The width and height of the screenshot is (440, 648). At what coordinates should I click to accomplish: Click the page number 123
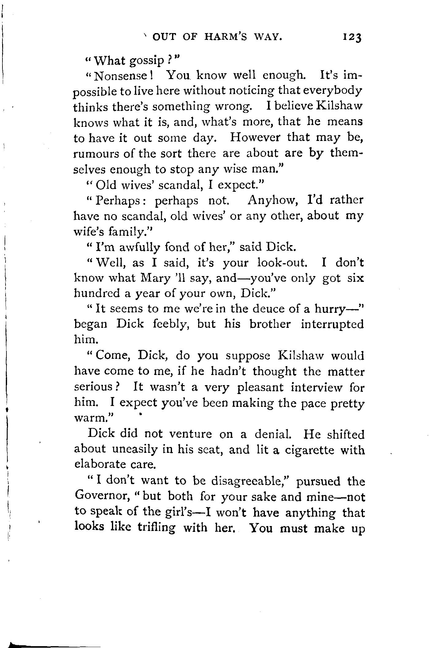point(353,37)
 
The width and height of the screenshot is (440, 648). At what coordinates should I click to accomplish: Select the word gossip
point(147,61)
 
